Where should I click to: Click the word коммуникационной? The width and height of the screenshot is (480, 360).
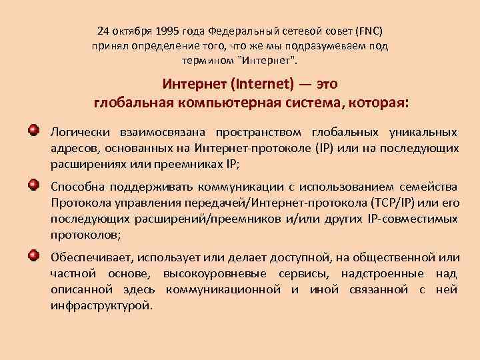(223, 289)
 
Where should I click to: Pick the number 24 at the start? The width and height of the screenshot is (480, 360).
(103, 31)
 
